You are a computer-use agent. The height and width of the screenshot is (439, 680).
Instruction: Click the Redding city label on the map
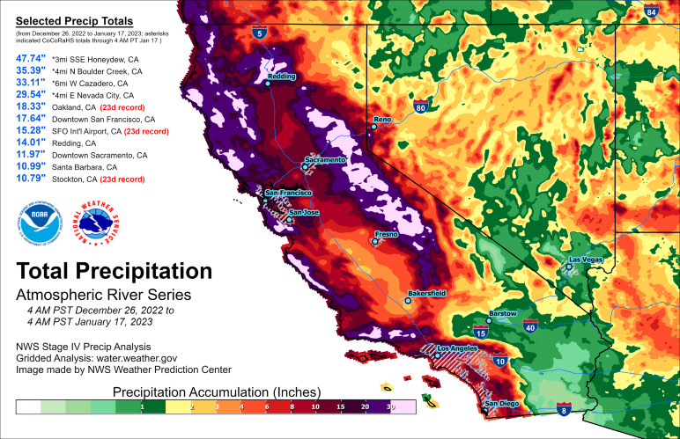[282, 77]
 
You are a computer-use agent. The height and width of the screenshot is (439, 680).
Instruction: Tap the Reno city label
[382, 118]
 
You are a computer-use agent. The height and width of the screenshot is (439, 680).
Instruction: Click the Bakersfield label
[426, 292]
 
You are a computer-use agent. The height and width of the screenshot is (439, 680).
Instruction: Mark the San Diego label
[502, 404]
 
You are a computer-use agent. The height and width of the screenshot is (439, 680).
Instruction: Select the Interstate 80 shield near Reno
[420, 108]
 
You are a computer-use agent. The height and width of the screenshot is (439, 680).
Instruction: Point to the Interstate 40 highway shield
[529, 327]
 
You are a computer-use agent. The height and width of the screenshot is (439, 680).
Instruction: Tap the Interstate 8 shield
[565, 411]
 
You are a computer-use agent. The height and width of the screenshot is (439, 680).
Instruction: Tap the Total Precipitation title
[114, 270]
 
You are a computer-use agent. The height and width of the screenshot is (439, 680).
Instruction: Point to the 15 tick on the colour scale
[336, 407]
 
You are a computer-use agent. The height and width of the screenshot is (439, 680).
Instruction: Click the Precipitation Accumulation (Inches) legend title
[208, 391]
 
